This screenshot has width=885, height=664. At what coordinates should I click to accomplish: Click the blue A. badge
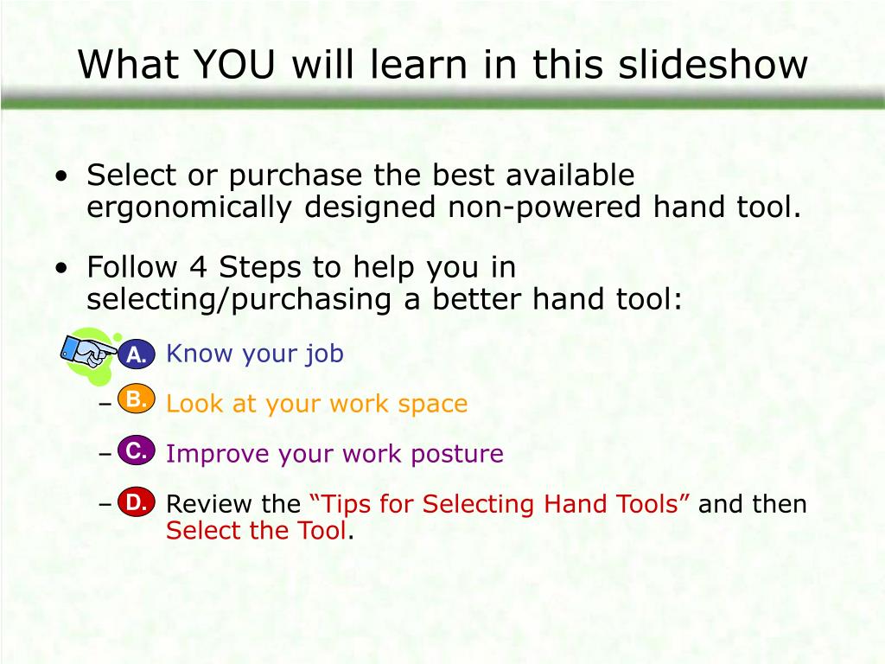click(x=136, y=354)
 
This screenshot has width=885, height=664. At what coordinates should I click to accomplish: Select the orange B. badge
click(x=136, y=399)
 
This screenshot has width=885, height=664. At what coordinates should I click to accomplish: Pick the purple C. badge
click(x=136, y=450)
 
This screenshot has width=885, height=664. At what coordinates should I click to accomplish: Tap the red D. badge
click(x=136, y=502)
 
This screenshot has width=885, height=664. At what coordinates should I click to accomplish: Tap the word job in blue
click(x=325, y=354)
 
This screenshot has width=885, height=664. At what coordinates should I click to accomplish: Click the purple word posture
click(x=462, y=454)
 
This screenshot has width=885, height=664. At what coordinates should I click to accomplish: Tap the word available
click(x=570, y=176)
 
